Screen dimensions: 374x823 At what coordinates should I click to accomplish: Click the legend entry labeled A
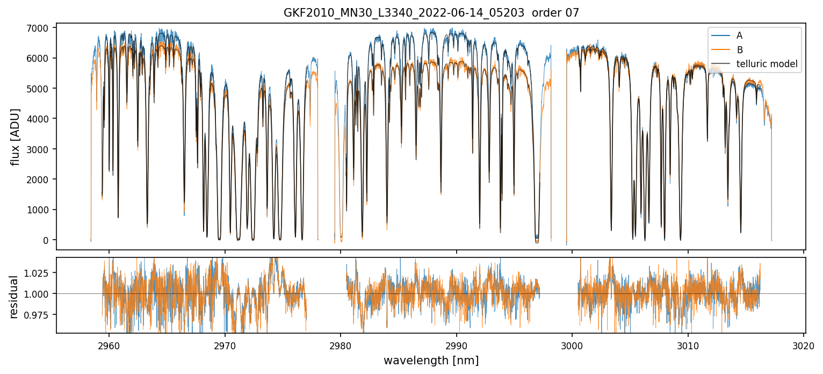pos(739,35)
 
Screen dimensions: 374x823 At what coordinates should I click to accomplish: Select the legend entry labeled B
pos(739,50)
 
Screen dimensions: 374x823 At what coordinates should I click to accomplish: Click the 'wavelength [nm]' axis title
pos(431,361)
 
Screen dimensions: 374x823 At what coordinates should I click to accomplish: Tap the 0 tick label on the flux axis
pos(46,240)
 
